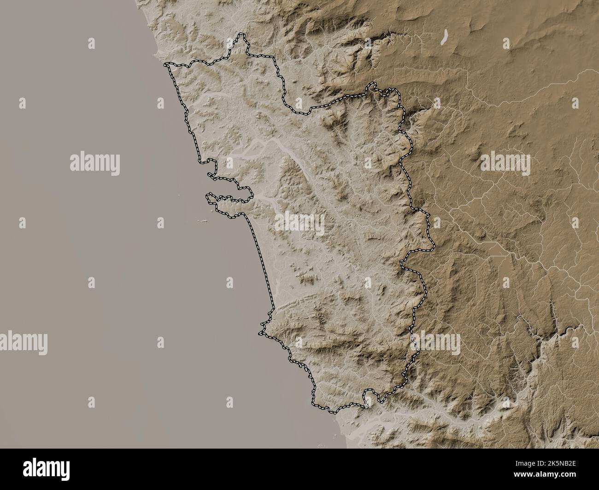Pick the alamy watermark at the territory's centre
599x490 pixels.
299,223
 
